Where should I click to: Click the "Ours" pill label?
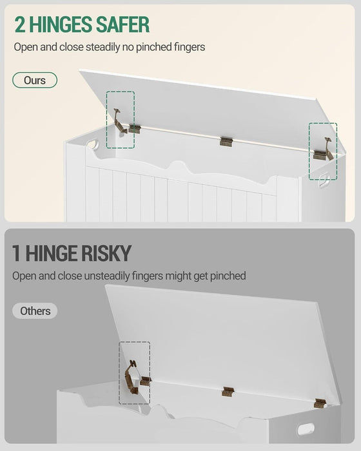[35, 81]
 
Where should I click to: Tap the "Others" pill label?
[35, 311]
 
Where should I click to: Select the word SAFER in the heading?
[123, 24]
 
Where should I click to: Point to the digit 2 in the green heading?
[20, 24]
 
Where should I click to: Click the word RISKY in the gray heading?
[106, 253]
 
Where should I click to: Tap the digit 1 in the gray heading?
[16, 253]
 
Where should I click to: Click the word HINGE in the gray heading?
[52, 253]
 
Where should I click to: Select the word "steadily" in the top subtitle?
[102, 47]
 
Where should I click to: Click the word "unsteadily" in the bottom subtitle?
[107, 276]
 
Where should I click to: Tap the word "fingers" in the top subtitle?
[190, 47]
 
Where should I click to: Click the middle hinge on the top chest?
[226, 142]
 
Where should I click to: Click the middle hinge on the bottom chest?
[228, 392]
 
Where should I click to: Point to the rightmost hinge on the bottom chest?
[320, 403]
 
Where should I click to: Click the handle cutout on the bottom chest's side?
[306, 429]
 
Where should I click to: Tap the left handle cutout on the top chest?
[93, 144]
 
